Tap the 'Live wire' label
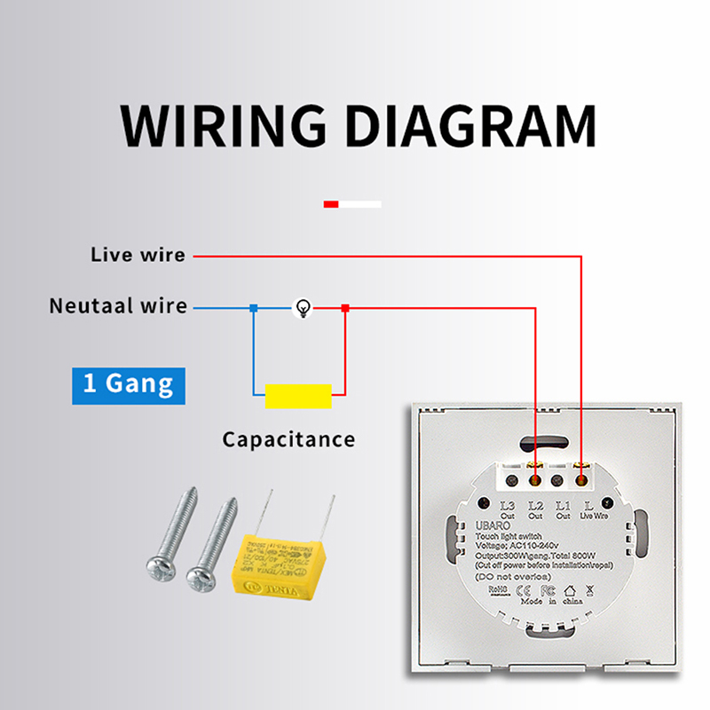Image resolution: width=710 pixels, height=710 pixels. pos(138,256)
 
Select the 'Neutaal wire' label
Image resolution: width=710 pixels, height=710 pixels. pos(118,306)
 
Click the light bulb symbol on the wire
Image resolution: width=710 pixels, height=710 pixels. pos(304,308)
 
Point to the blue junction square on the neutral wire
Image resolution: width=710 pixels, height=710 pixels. pos(253,308)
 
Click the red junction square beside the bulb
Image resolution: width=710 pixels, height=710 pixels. pos(345,308)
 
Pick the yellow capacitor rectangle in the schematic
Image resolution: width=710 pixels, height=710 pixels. pos(298,396)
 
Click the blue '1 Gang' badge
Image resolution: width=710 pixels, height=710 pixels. pos(129,383)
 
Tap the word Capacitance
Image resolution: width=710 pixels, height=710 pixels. pos(288,439)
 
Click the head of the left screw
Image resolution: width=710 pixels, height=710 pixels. pos(161,567)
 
